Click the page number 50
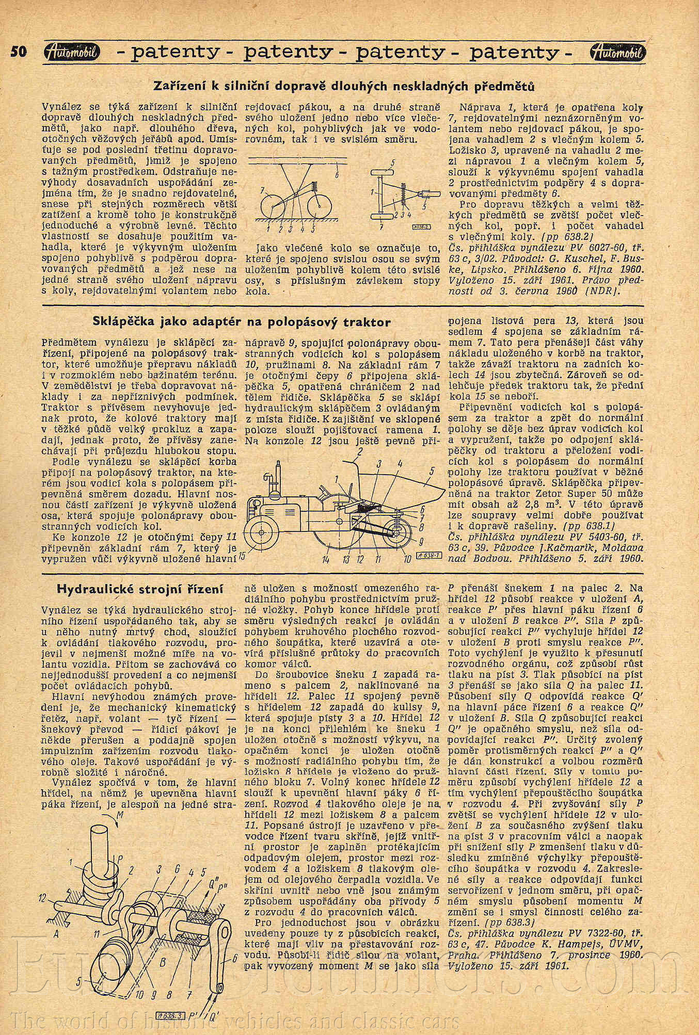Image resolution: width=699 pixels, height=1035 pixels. [19, 52]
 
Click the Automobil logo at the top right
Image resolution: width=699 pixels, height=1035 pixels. [616, 52]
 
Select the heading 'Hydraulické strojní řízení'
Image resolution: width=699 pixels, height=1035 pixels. [140, 588]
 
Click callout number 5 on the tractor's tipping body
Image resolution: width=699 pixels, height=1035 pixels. [432, 471]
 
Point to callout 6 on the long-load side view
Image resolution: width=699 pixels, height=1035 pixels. [337, 175]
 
